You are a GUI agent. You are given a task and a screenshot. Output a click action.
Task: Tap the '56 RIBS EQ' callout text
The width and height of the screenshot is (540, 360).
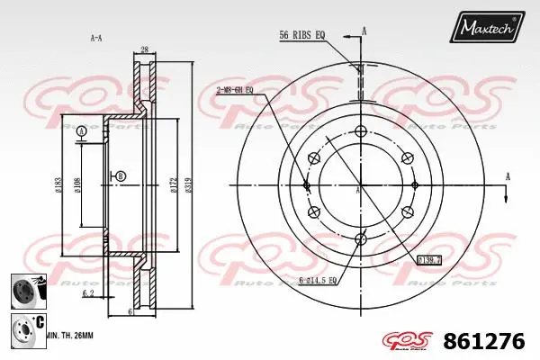click(303, 36)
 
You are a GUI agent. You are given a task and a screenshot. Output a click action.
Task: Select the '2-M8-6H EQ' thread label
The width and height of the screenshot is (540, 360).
click(236, 91)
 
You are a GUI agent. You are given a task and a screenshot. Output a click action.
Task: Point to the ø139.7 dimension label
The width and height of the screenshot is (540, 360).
click(430, 260)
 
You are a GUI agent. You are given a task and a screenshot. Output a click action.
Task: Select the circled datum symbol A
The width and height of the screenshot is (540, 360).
click(82, 132)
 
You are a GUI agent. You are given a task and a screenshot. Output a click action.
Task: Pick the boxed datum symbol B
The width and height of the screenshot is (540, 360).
click(121, 175)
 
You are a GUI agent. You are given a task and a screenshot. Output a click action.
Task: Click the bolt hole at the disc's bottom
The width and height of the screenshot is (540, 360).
click(361, 238)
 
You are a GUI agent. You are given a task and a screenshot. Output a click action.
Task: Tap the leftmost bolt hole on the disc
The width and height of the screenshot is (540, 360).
click(307, 184)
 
